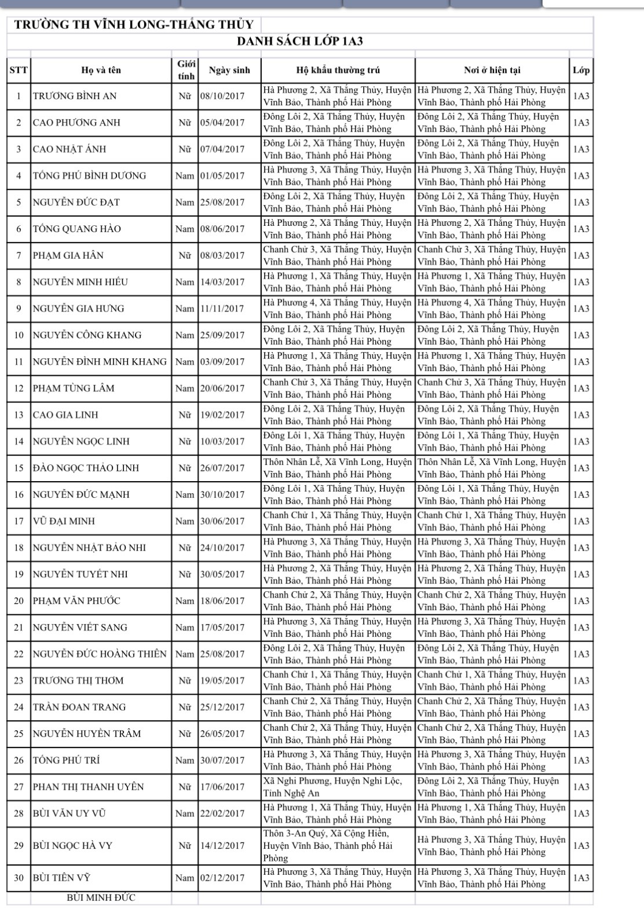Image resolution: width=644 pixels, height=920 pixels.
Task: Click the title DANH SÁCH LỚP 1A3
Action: click(300, 42)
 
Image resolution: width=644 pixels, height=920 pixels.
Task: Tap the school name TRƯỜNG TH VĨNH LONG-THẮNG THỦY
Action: click(134, 25)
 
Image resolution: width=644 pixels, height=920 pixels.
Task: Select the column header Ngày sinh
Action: click(229, 70)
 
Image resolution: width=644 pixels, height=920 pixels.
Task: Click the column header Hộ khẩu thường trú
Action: click(338, 70)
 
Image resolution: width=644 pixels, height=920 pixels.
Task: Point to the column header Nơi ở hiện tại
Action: click(492, 70)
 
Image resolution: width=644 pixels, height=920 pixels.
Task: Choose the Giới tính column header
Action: click(186, 70)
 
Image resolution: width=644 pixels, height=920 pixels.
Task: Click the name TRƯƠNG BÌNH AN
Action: click(75, 96)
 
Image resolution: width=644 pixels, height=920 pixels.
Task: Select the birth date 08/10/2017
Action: click(222, 96)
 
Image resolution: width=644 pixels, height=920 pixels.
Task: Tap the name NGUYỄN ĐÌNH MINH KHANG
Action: click(100, 362)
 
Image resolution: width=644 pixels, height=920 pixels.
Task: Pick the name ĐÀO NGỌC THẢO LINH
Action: click(86, 468)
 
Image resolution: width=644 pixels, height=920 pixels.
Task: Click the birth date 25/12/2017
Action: click(222, 707)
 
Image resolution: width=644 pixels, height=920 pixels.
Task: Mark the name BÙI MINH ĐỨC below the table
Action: click(101, 898)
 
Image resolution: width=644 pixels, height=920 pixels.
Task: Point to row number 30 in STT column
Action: click(19, 878)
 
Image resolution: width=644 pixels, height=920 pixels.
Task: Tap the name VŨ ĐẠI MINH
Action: click(64, 521)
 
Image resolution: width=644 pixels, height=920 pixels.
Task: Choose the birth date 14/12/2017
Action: click(222, 845)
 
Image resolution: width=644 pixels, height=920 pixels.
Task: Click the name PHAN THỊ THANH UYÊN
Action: click(88, 787)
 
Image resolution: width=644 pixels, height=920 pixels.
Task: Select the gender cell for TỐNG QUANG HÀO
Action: click(185, 229)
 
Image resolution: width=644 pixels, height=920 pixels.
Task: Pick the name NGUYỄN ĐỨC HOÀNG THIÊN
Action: click(100, 654)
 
